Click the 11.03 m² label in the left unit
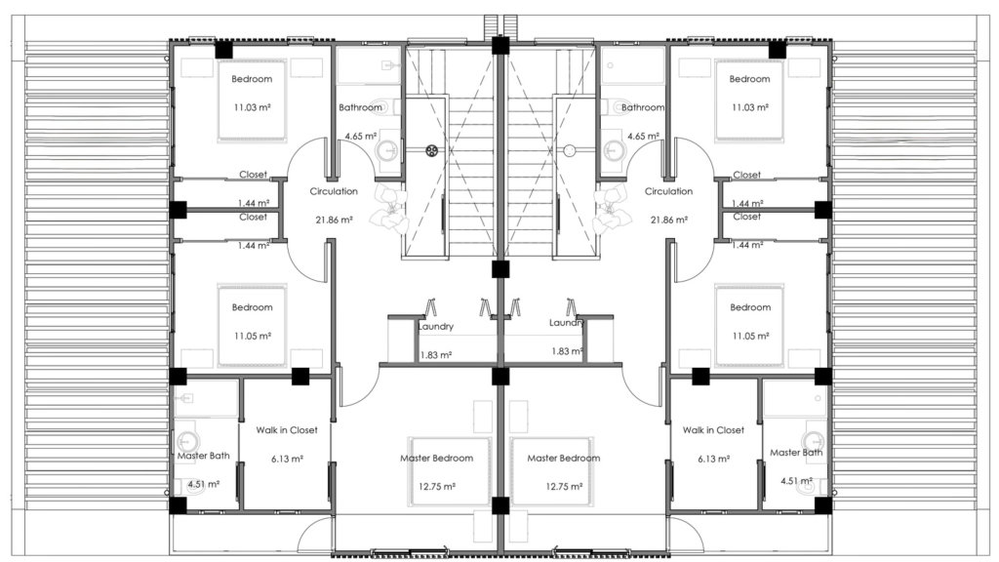click(x=253, y=107)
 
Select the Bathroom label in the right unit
click(x=643, y=107)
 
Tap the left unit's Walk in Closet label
click(x=287, y=430)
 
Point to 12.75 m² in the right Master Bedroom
click(x=564, y=487)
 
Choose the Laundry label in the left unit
click(x=436, y=326)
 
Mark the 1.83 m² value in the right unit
click(x=567, y=351)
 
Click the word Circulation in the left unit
click(x=334, y=191)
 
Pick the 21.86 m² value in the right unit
click(x=669, y=220)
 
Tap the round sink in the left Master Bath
click(x=187, y=440)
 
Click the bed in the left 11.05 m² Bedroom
click(x=253, y=326)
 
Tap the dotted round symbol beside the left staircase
click(x=432, y=151)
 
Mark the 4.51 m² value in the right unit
click(x=796, y=481)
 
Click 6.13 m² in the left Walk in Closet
click(x=287, y=459)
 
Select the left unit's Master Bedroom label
click(x=437, y=459)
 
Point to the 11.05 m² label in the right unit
click(x=750, y=336)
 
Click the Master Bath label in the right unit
click(x=796, y=453)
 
